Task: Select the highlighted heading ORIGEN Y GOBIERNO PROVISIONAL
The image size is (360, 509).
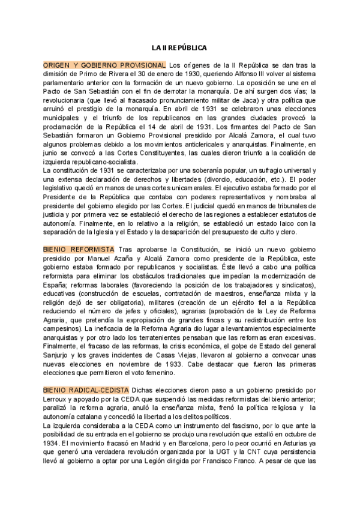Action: (104, 65)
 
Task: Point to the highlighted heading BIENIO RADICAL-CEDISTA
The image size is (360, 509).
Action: (86, 390)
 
